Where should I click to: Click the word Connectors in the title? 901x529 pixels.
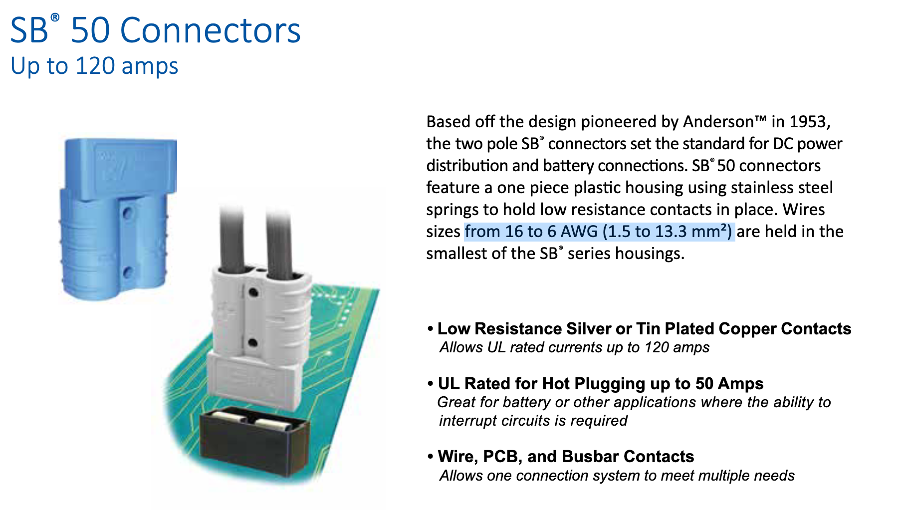210,30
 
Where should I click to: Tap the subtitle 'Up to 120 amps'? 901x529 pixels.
94,66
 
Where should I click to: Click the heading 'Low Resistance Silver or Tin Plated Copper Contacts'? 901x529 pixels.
644,329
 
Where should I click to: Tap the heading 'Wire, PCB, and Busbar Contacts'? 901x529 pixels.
566,457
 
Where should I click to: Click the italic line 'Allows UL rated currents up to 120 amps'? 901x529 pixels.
574,347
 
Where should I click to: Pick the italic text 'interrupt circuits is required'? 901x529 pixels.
533,421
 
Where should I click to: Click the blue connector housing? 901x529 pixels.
117,220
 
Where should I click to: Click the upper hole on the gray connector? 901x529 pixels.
253,292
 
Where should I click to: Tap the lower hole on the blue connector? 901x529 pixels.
128,272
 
